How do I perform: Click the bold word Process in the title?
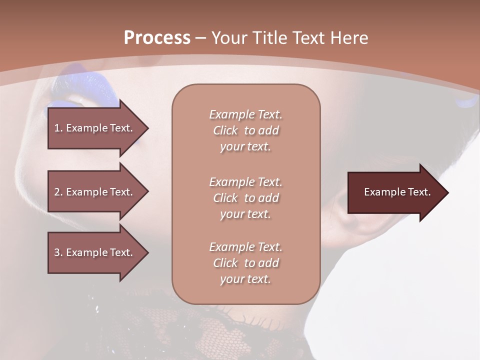tap(157, 37)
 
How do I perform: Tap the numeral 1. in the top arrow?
tap(58, 128)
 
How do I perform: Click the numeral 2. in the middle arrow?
tap(58, 192)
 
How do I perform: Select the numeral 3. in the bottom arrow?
tap(58, 252)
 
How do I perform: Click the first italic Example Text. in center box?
tap(245, 114)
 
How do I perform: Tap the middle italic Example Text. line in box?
tap(245, 182)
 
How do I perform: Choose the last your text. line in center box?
tap(245, 279)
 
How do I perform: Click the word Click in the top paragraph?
tap(225, 130)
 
